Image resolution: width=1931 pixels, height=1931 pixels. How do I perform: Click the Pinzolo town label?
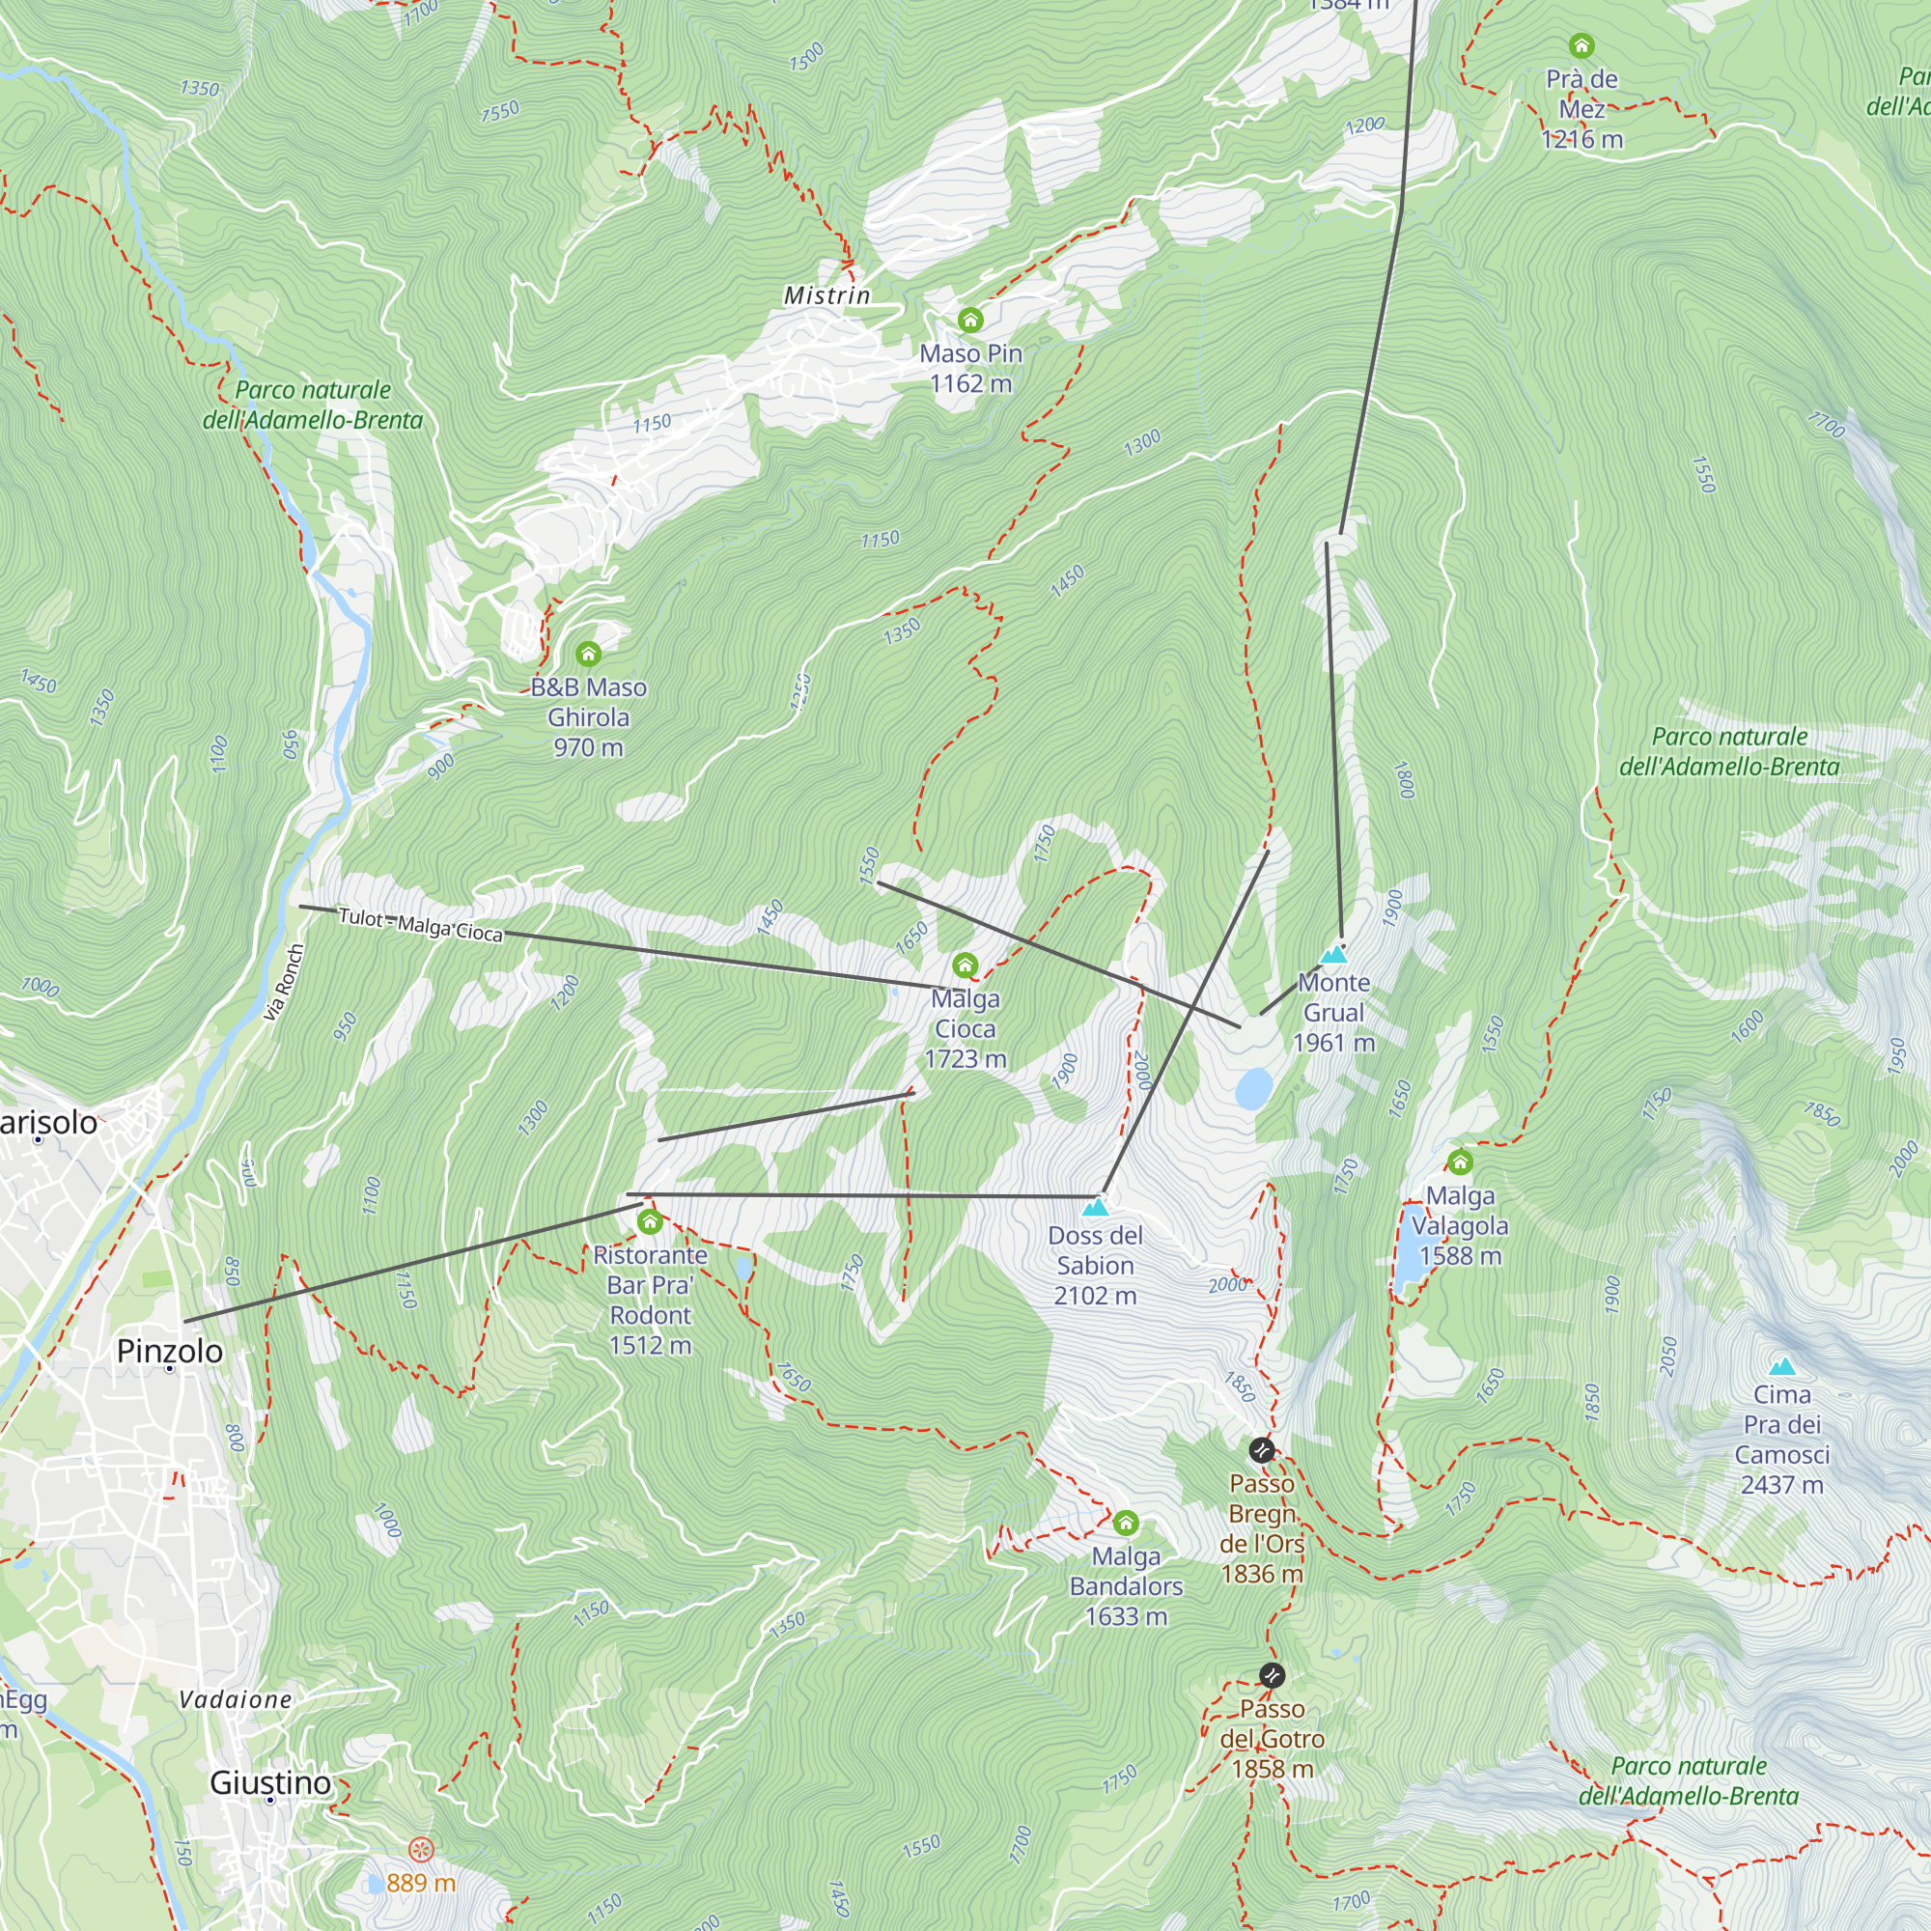[170, 1351]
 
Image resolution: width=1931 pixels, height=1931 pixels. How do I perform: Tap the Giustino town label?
[270, 1782]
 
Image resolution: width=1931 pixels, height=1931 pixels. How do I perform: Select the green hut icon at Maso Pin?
[969, 320]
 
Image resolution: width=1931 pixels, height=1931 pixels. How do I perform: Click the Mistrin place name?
[826, 294]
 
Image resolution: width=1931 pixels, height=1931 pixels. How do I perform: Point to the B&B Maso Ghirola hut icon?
[588, 654]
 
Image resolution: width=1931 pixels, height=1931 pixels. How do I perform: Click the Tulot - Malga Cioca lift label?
[420, 925]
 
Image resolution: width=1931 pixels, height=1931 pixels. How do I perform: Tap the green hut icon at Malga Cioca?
[965, 965]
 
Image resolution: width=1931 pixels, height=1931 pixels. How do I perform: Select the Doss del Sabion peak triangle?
[1096, 1208]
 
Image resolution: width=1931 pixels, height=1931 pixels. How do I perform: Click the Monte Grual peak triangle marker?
[1333, 955]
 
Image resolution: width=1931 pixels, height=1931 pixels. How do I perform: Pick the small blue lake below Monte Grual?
[1253, 1088]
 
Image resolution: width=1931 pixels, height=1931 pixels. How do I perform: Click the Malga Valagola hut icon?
[1459, 1161]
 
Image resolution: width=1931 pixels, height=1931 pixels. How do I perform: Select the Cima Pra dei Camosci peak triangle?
[1781, 1366]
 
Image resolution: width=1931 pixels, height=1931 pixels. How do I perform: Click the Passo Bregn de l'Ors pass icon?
[1261, 1449]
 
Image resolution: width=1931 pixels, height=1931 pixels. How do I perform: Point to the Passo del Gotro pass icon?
[1272, 1674]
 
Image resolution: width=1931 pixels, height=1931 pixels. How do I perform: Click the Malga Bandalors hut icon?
[1126, 1523]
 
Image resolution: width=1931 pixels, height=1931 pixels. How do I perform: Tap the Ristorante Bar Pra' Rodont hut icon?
[650, 1221]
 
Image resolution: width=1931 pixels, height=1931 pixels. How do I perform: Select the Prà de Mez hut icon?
[1581, 46]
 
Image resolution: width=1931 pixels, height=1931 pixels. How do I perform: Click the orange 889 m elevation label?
[420, 1883]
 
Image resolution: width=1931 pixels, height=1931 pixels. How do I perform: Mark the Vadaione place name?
[236, 1699]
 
